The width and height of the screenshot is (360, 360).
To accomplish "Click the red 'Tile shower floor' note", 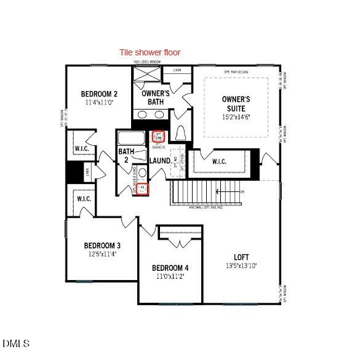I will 150,52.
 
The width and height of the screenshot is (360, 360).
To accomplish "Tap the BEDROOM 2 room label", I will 99,94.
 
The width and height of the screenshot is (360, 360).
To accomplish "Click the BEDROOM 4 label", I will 170,268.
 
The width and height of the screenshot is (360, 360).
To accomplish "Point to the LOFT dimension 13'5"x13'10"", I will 241,266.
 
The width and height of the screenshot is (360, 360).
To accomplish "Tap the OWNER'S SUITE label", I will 236,103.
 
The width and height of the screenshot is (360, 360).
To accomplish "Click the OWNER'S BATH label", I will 156,97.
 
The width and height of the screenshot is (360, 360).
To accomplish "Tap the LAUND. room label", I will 160,161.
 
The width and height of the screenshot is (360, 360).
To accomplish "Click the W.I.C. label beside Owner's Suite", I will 219,162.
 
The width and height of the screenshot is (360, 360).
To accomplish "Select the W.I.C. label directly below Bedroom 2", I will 83,149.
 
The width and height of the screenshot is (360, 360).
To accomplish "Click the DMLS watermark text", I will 16,343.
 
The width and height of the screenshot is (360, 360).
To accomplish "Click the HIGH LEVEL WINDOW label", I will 147,62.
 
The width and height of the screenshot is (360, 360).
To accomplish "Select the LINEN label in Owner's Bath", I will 177,71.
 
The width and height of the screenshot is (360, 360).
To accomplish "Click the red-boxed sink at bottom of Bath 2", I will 143,188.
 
